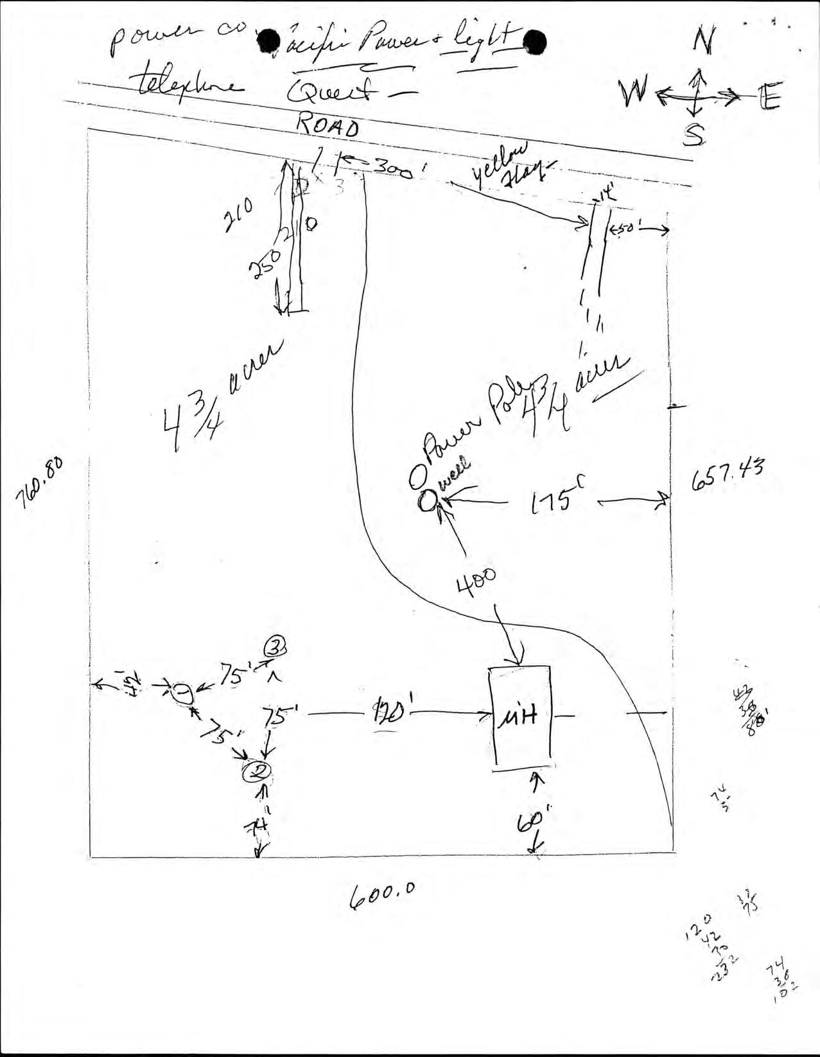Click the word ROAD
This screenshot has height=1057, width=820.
pos(327,126)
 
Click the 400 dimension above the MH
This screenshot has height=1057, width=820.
pos(476,582)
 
